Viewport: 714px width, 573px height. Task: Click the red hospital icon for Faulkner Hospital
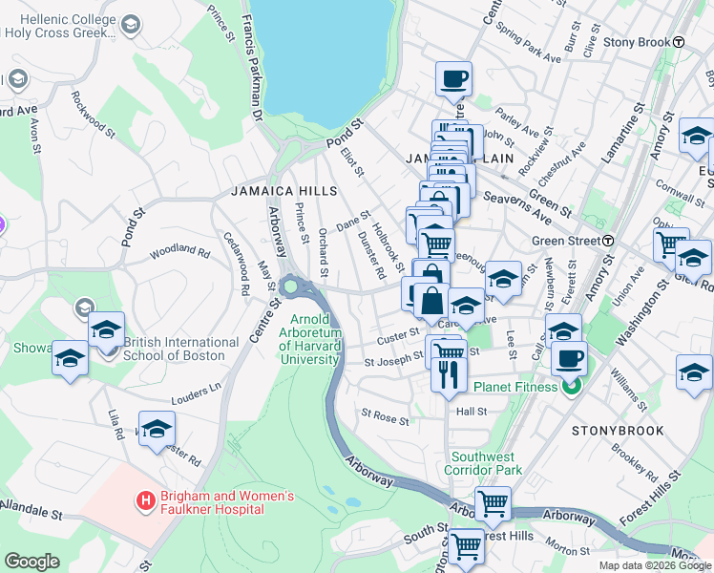(145, 499)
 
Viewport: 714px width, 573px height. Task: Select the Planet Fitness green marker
(571, 387)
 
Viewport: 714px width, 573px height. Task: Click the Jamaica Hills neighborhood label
(283, 191)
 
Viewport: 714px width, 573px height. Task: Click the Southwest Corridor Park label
(487, 463)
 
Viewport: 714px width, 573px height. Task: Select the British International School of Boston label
(180, 349)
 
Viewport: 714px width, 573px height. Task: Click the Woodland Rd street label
(178, 252)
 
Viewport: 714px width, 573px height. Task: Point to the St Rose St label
(385, 417)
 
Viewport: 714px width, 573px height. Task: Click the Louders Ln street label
(197, 392)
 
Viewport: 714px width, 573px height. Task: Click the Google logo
(31, 562)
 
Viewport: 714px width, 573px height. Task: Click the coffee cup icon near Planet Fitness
(571, 359)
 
